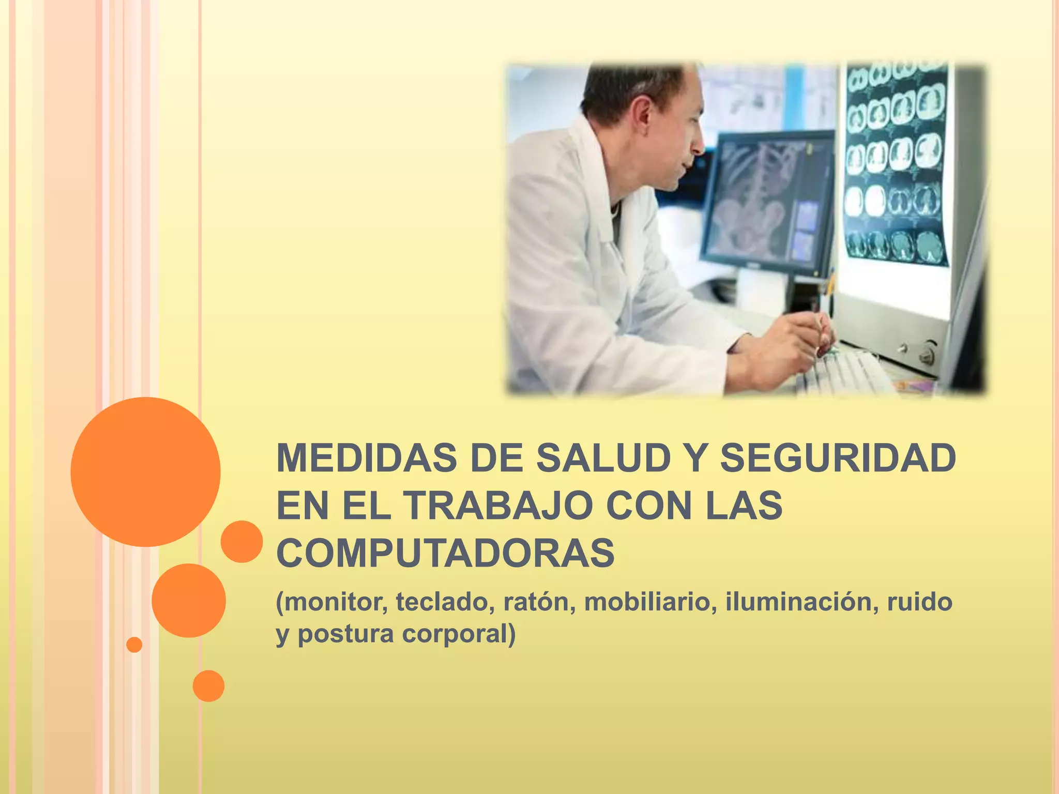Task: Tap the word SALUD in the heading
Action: pyautogui.click(x=603, y=458)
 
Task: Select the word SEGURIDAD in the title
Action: pyautogui.click(x=838, y=458)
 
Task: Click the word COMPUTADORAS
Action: pyautogui.click(x=445, y=553)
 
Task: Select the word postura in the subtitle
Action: pyautogui.click(x=345, y=634)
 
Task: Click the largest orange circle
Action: pyautogui.click(x=145, y=471)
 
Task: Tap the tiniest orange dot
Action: pyautogui.click(x=134, y=645)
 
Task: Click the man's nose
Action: pyautogui.click(x=698, y=145)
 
